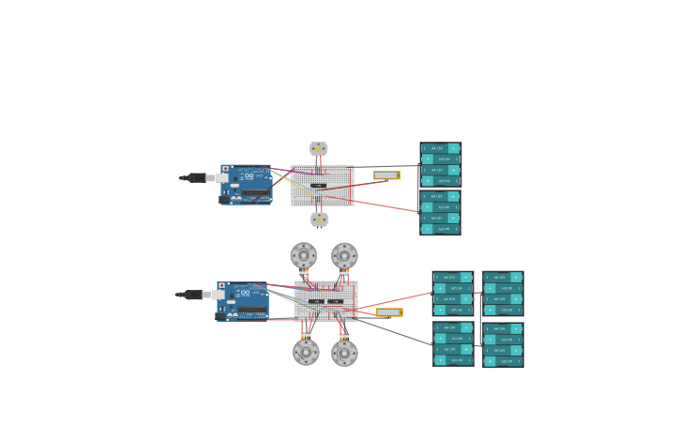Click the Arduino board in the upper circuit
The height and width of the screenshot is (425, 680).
(x=246, y=184)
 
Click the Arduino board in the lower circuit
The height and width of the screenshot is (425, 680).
(x=242, y=301)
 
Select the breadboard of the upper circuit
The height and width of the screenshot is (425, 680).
(x=322, y=185)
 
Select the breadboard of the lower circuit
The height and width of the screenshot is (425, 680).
(x=325, y=301)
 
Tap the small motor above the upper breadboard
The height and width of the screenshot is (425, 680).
(x=319, y=148)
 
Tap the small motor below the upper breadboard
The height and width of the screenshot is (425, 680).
(x=320, y=220)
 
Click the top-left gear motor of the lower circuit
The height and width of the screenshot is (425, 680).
(x=303, y=255)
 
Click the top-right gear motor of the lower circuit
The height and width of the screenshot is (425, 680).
(x=344, y=255)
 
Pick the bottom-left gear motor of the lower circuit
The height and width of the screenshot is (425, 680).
(x=306, y=352)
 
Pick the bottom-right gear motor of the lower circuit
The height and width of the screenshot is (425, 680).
(x=344, y=353)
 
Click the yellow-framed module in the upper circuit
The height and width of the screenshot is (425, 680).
(x=386, y=175)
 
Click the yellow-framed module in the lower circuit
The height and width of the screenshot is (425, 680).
(x=388, y=312)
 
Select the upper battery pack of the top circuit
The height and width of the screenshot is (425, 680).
(x=440, y=164)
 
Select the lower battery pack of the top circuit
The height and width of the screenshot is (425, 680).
(x=440, y=213)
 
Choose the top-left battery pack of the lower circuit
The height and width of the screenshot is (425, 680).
(x=452, y=294)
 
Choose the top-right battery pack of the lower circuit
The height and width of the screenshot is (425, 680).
(x=503, y=294)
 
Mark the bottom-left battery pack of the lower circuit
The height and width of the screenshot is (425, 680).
(x=453, y=344)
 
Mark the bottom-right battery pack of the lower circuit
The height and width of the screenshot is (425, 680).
(x=503, y=345)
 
